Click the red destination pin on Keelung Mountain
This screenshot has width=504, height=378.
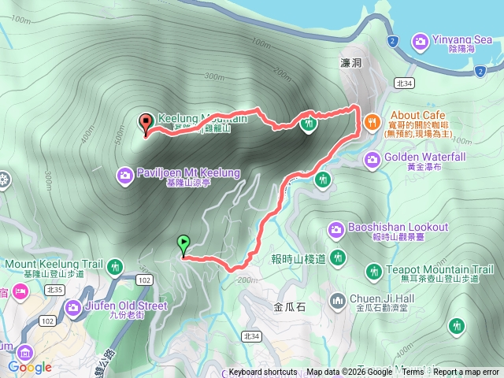146,123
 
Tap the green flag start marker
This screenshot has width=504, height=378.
183,244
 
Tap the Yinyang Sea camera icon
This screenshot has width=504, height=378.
419,40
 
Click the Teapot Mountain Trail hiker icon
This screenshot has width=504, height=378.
376,272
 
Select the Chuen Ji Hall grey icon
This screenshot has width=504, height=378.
338,300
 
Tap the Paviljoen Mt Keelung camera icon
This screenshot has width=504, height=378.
125,174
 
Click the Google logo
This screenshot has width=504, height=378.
31,367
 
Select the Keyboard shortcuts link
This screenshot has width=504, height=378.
263,372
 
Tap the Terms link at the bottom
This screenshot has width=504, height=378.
412,372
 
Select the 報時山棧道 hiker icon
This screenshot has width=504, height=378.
338,257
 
